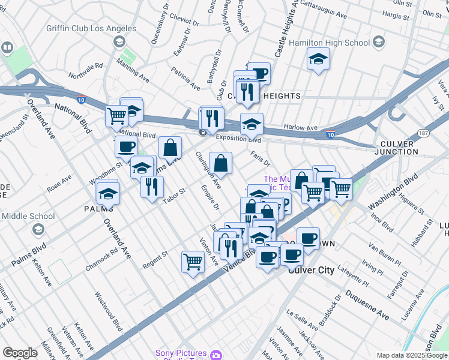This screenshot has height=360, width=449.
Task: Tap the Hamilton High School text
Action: pyautogui.click(x=330, y=43)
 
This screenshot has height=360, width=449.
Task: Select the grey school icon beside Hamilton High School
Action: pyautogui.click(x=379, y=41)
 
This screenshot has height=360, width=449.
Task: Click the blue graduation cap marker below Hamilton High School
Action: pyautogui.click(x=318, y=59)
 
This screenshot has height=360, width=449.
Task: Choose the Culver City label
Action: pyautogui.click(x=311, y=270)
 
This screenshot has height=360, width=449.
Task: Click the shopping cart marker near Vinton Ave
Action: pyautogui.click(x=193, y=260)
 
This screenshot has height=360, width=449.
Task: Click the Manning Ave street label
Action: pyautogui.click(x=133, y=71)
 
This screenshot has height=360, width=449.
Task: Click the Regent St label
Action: pyautogui.click(x=155, y=261)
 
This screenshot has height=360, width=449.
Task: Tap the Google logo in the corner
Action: pyautogui.click(x=20, y=353)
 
